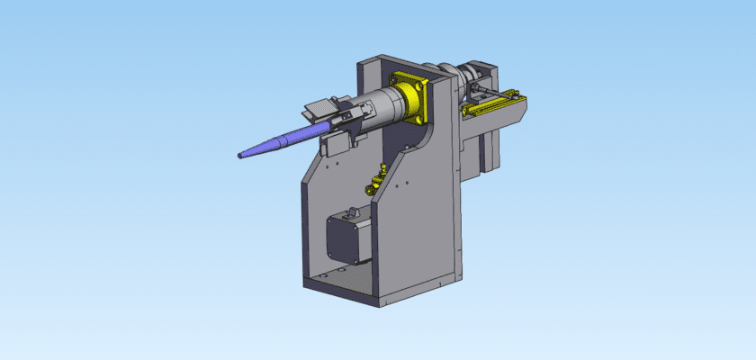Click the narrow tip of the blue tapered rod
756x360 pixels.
point(241,157)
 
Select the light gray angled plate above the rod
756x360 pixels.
point(319,109)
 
